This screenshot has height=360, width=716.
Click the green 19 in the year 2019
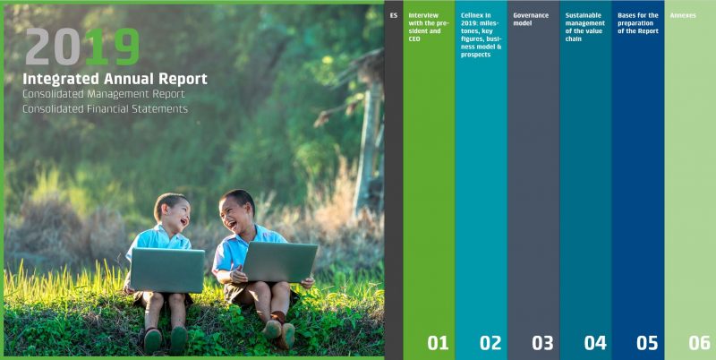pyautogui.click(x=114, y=47)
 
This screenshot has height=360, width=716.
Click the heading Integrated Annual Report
pyautogui.click(x=115, y=79)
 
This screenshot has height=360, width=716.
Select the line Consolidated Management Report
pyautogui.click(x=104, y=94)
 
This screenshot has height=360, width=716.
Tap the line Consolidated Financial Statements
pyautogui.click(x=105, y=109)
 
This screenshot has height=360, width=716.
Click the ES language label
pyautogui.click(x=394, y=15)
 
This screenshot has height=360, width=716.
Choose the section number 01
pyautogui.click(x=438, y=343)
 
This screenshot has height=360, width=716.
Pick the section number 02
pyautogui.click(x=490, y=343)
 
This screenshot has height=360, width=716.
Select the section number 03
pyautogui.click(x=542, y=343)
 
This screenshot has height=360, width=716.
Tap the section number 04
pyautogui.click(x=595, y=343)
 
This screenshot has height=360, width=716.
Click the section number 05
pyautogui.click(x=647, y=343)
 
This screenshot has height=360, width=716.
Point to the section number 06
pyautogui.click(x=700, y=343)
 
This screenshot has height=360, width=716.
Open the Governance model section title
pyautogui.click(x=531, y=19)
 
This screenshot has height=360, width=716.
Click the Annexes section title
pyautogui.click(x=683, y=15)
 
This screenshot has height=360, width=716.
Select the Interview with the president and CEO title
pyautogui.click(x=429, y=28)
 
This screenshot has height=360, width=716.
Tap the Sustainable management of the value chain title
pyautogui.click(x=585, y=28)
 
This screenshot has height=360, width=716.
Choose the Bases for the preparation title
pyautogui.click(x=638, y=23)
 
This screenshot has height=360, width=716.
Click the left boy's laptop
pyautogui.click(x=167, y=270)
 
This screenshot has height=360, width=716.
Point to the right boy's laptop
pyautogui.click(x=279, y=262)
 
